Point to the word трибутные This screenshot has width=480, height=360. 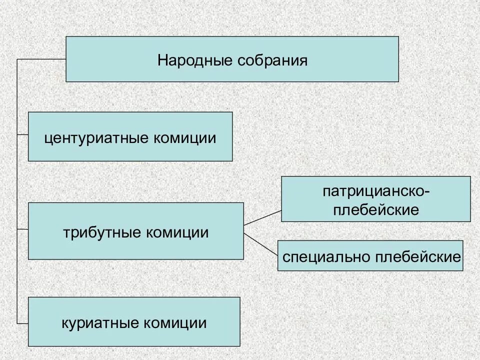coord(98,232)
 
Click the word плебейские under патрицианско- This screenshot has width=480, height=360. coord(375,209)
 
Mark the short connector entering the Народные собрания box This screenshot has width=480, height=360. coord(41,59)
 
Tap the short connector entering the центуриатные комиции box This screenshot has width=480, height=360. coord(22,135)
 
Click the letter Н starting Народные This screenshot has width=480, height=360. coord(162,61)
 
